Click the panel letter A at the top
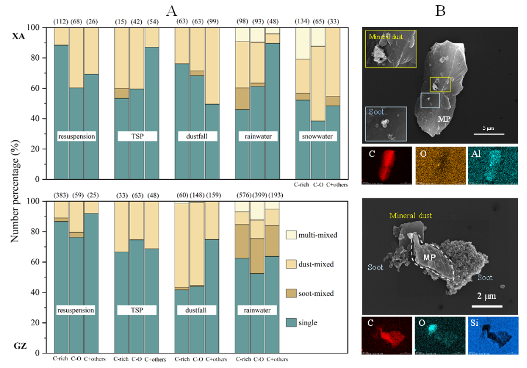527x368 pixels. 172,10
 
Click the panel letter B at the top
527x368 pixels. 440,10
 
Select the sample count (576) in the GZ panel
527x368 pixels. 242,195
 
